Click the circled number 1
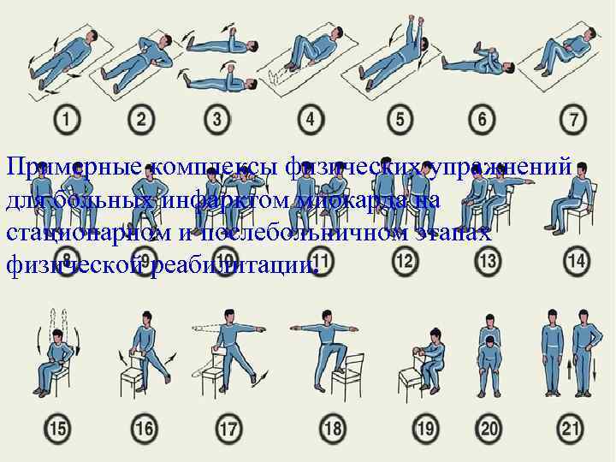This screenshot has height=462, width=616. pyautogui.click(x=63, y=120)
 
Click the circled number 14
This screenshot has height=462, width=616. pyautogui.click(x=576, y=259)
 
